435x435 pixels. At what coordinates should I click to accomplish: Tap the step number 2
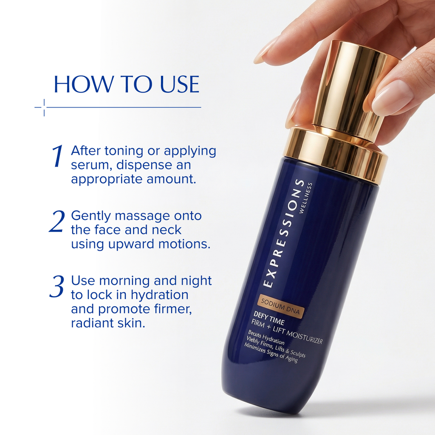click(x=56, y=221)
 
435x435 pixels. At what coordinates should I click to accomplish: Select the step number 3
click(x=56, y=287)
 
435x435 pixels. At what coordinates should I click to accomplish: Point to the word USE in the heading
click(x=180, y=85)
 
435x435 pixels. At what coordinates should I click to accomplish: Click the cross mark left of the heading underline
click(x=44, y=107)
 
